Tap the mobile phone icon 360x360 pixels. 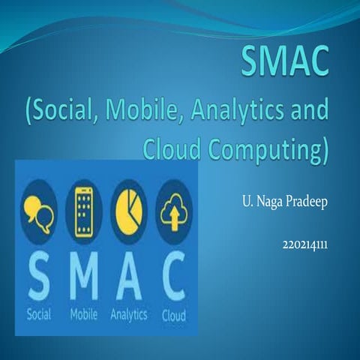[83, 208]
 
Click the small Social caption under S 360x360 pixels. [37, 315]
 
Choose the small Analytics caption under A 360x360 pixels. [128, 316]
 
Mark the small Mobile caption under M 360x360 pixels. [83, 315]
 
